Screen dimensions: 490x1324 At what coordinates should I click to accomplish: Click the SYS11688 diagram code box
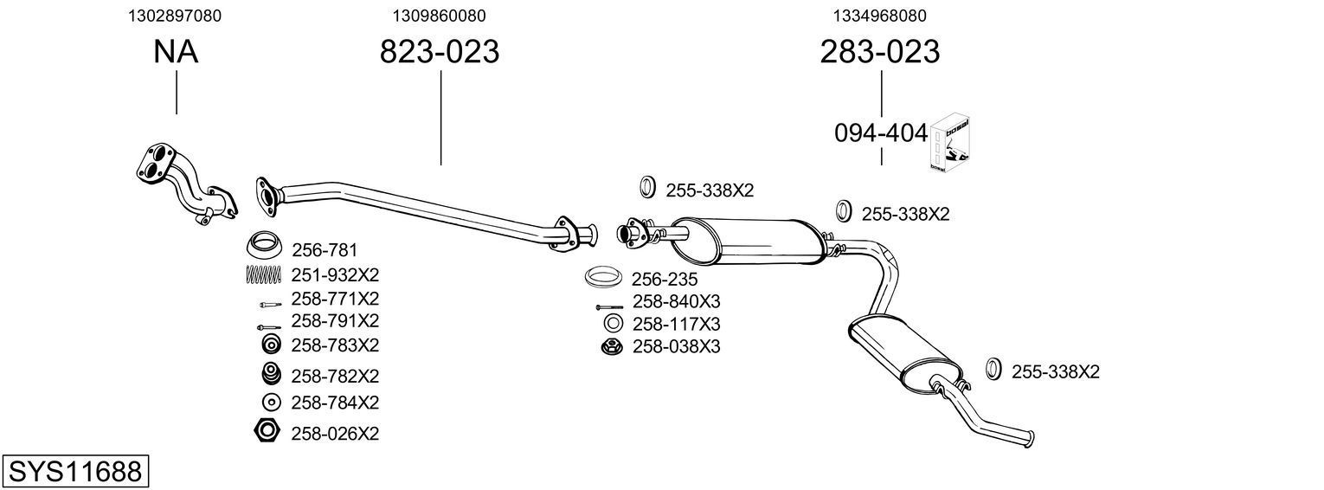tap(74, 472)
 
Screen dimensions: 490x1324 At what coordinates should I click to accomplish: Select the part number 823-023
tap(440, 53)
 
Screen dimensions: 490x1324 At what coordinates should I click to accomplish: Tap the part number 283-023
tap(879, 53)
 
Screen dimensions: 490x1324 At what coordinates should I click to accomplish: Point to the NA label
tap(176, 53)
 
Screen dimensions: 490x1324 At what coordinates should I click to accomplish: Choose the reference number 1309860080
tap(439, 16)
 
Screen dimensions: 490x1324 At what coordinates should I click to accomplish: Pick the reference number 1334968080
tap(879, 16)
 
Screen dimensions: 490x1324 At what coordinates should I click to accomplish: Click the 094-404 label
tap(881, 133)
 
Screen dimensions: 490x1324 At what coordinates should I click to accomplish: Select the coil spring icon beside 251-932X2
tap(265, 275)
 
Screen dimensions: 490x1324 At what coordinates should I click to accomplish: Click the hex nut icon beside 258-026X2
tap(267, 430)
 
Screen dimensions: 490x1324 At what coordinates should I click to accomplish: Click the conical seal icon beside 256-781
tap(266, 246)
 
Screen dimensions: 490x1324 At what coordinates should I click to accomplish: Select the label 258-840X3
tap(676, 302)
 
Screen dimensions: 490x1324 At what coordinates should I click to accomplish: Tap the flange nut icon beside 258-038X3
tap(612, 347)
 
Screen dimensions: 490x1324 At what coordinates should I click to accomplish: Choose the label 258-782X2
tap(335, 377)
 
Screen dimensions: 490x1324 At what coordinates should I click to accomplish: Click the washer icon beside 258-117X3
tap(612, 324)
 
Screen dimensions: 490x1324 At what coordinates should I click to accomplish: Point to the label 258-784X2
tap(335, 403)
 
